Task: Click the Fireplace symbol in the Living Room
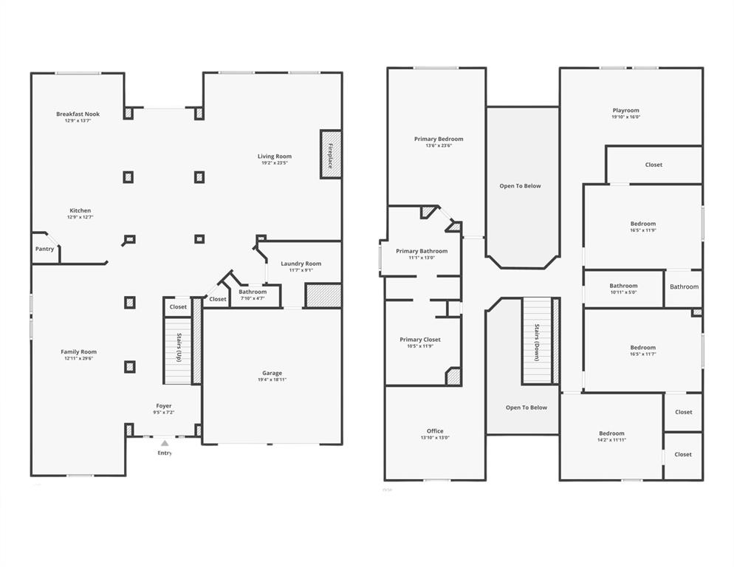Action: tap(330, 154)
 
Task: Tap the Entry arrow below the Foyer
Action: tap(164, 443)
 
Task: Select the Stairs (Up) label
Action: tap(179, 347)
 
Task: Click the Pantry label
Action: tap(44, 249)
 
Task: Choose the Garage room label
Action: tap(272, 373)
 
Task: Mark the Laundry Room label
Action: tap(301, 264)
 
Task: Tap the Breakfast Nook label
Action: tap(78, 114)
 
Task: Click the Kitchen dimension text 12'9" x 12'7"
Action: tap(80, 217)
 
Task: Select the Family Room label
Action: tap(78, 351)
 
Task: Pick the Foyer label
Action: tap(163, 406)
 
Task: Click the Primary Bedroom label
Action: tap(439, 139)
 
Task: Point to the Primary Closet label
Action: tap(420, 340)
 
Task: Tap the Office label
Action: tap(435, 431)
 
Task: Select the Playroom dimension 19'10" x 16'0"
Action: tap(625, 117)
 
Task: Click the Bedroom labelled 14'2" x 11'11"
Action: tap(611, 433)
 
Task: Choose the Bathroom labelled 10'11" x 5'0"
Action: tap(623, 286)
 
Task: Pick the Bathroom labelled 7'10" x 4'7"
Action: tap(253, 292)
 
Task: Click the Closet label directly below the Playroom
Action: tap(654, 165)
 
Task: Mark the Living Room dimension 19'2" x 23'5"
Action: tap(275, 162)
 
